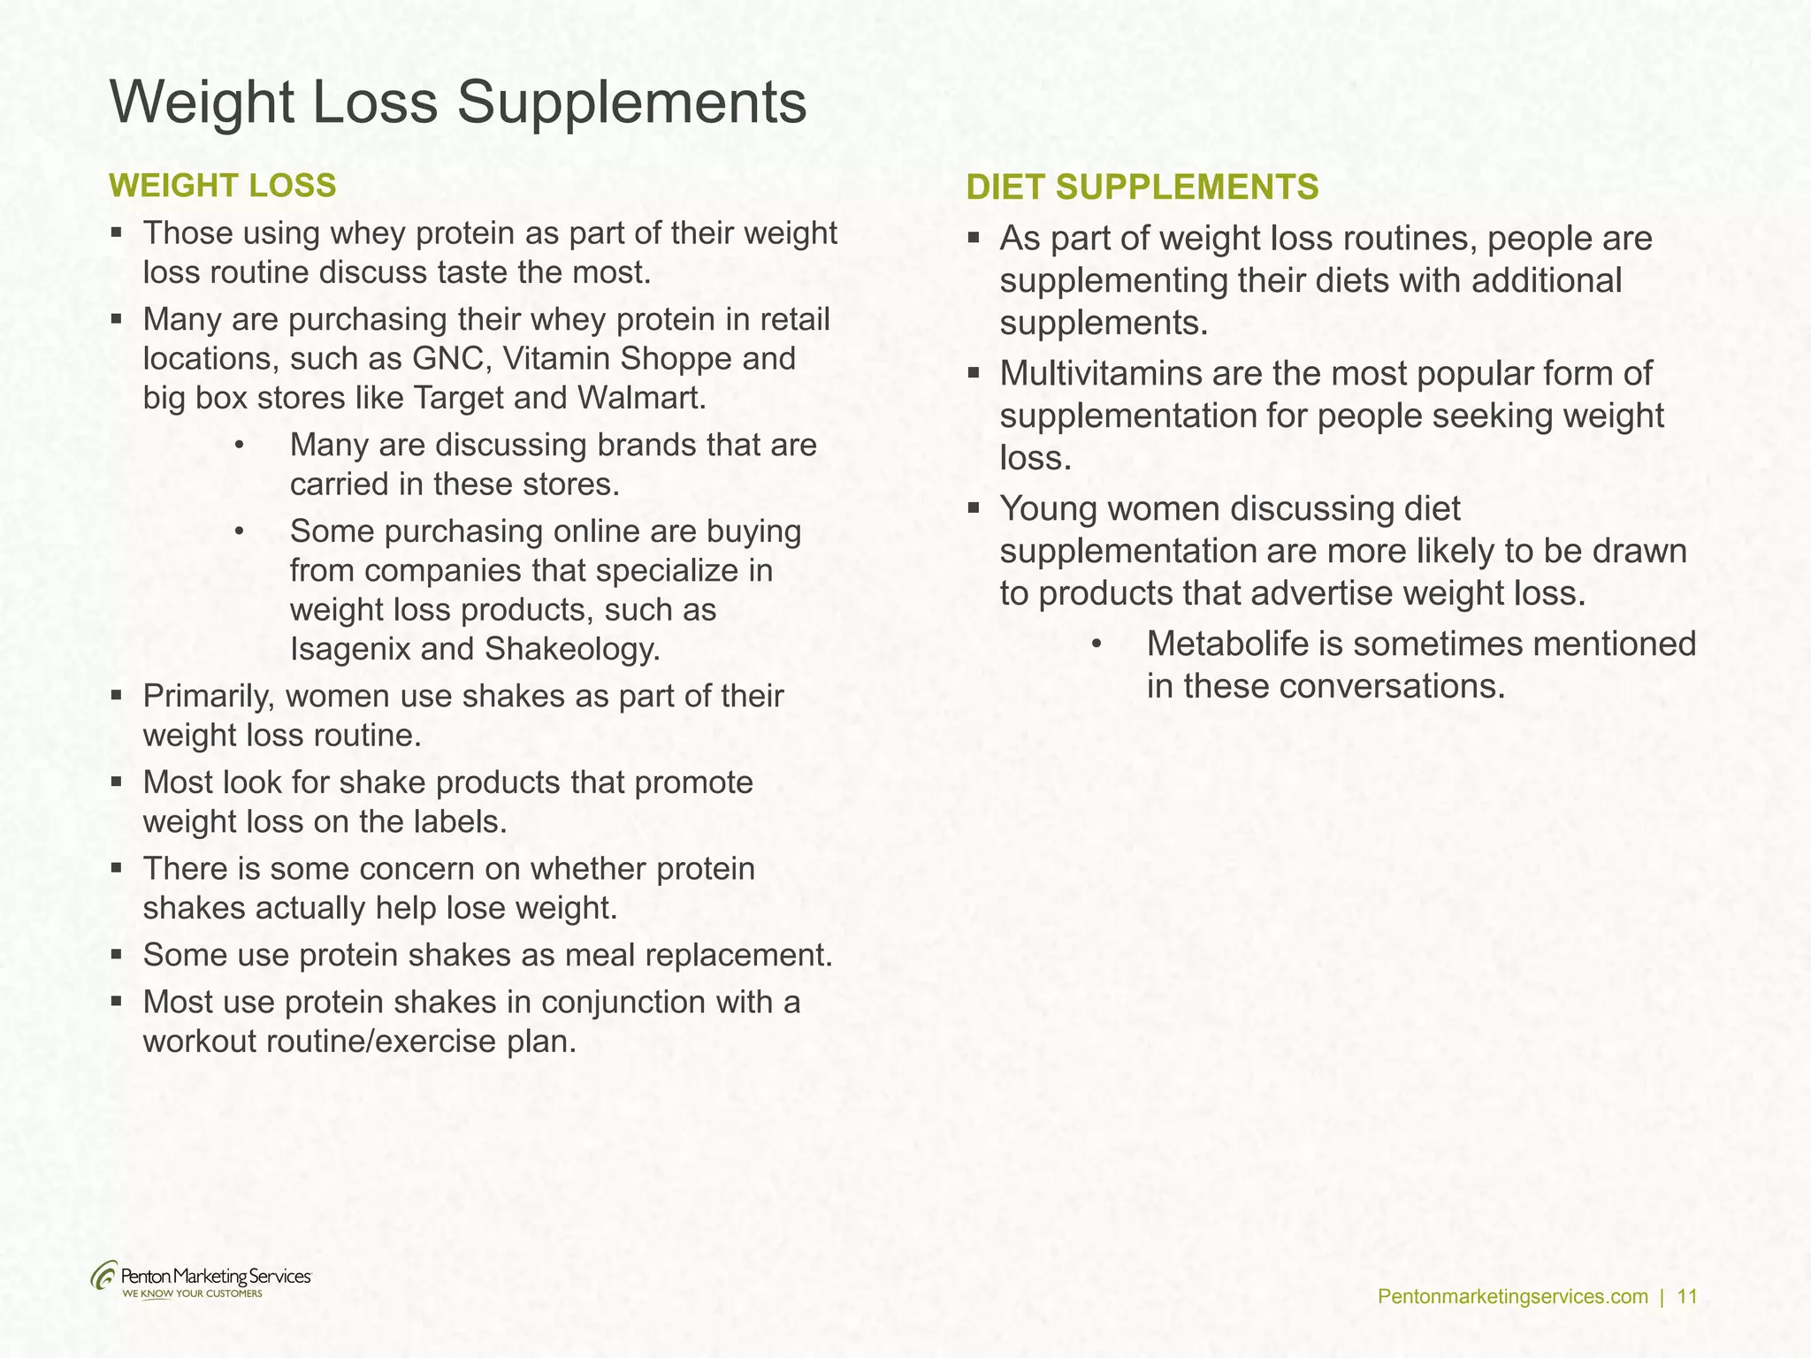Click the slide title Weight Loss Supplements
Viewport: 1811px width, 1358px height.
[458, 103]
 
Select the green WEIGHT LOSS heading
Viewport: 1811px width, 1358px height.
[222, 186]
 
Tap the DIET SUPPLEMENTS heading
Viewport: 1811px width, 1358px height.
[1142, 187]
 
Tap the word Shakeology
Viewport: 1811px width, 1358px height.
[572, 650]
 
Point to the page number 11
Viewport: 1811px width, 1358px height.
[1686, 1297]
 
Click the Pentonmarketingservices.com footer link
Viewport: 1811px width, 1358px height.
[1513, 1297]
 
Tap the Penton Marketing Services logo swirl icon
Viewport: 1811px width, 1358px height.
[103, 1277]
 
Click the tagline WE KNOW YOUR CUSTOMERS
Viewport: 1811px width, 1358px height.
[192, 1294]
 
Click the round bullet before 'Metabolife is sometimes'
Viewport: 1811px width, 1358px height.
[1097, 644]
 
